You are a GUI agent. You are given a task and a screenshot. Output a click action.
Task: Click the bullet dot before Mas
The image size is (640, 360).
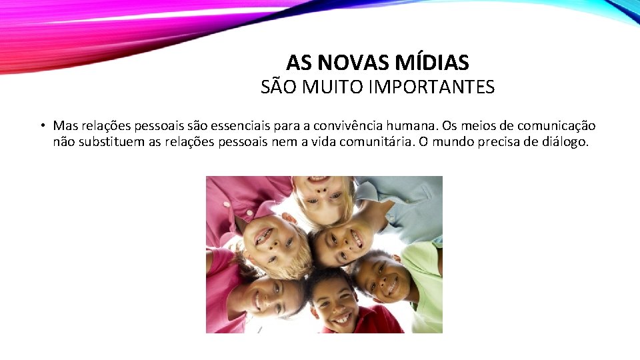pyautogui.click(x=41, y=126)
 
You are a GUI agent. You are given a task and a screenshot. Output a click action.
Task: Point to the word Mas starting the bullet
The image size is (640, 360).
pyautogui.click(x=66, y=125)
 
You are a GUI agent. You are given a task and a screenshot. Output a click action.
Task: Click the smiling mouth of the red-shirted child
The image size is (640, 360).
pyautogui.click(x=341, y=317)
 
